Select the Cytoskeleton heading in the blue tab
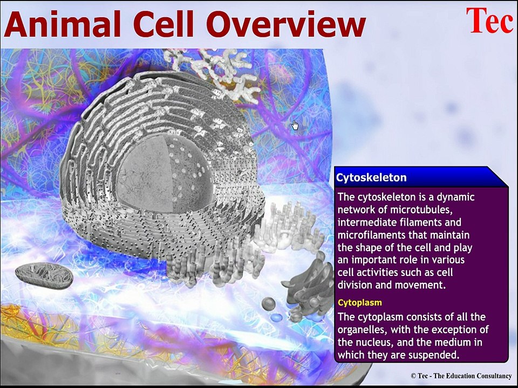[371, 178]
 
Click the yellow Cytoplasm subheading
[359, 303]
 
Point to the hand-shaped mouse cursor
[295, 125]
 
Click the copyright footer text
[460, 376]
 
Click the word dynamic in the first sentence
[455, 197]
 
